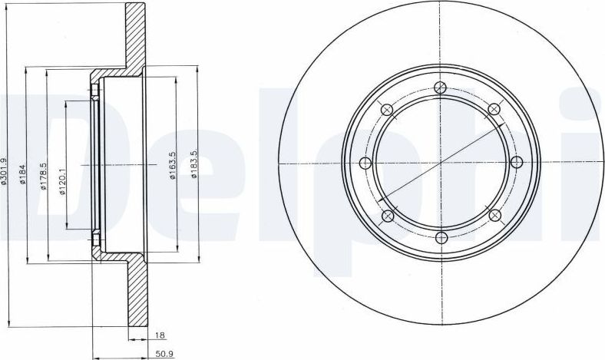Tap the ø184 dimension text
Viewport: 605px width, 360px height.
[x=23, y=173]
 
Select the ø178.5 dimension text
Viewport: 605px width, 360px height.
[x=44, y=176]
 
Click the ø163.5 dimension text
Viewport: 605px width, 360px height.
[x=173, y=165]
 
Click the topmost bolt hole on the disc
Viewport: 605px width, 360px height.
[x=440, y=88]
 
